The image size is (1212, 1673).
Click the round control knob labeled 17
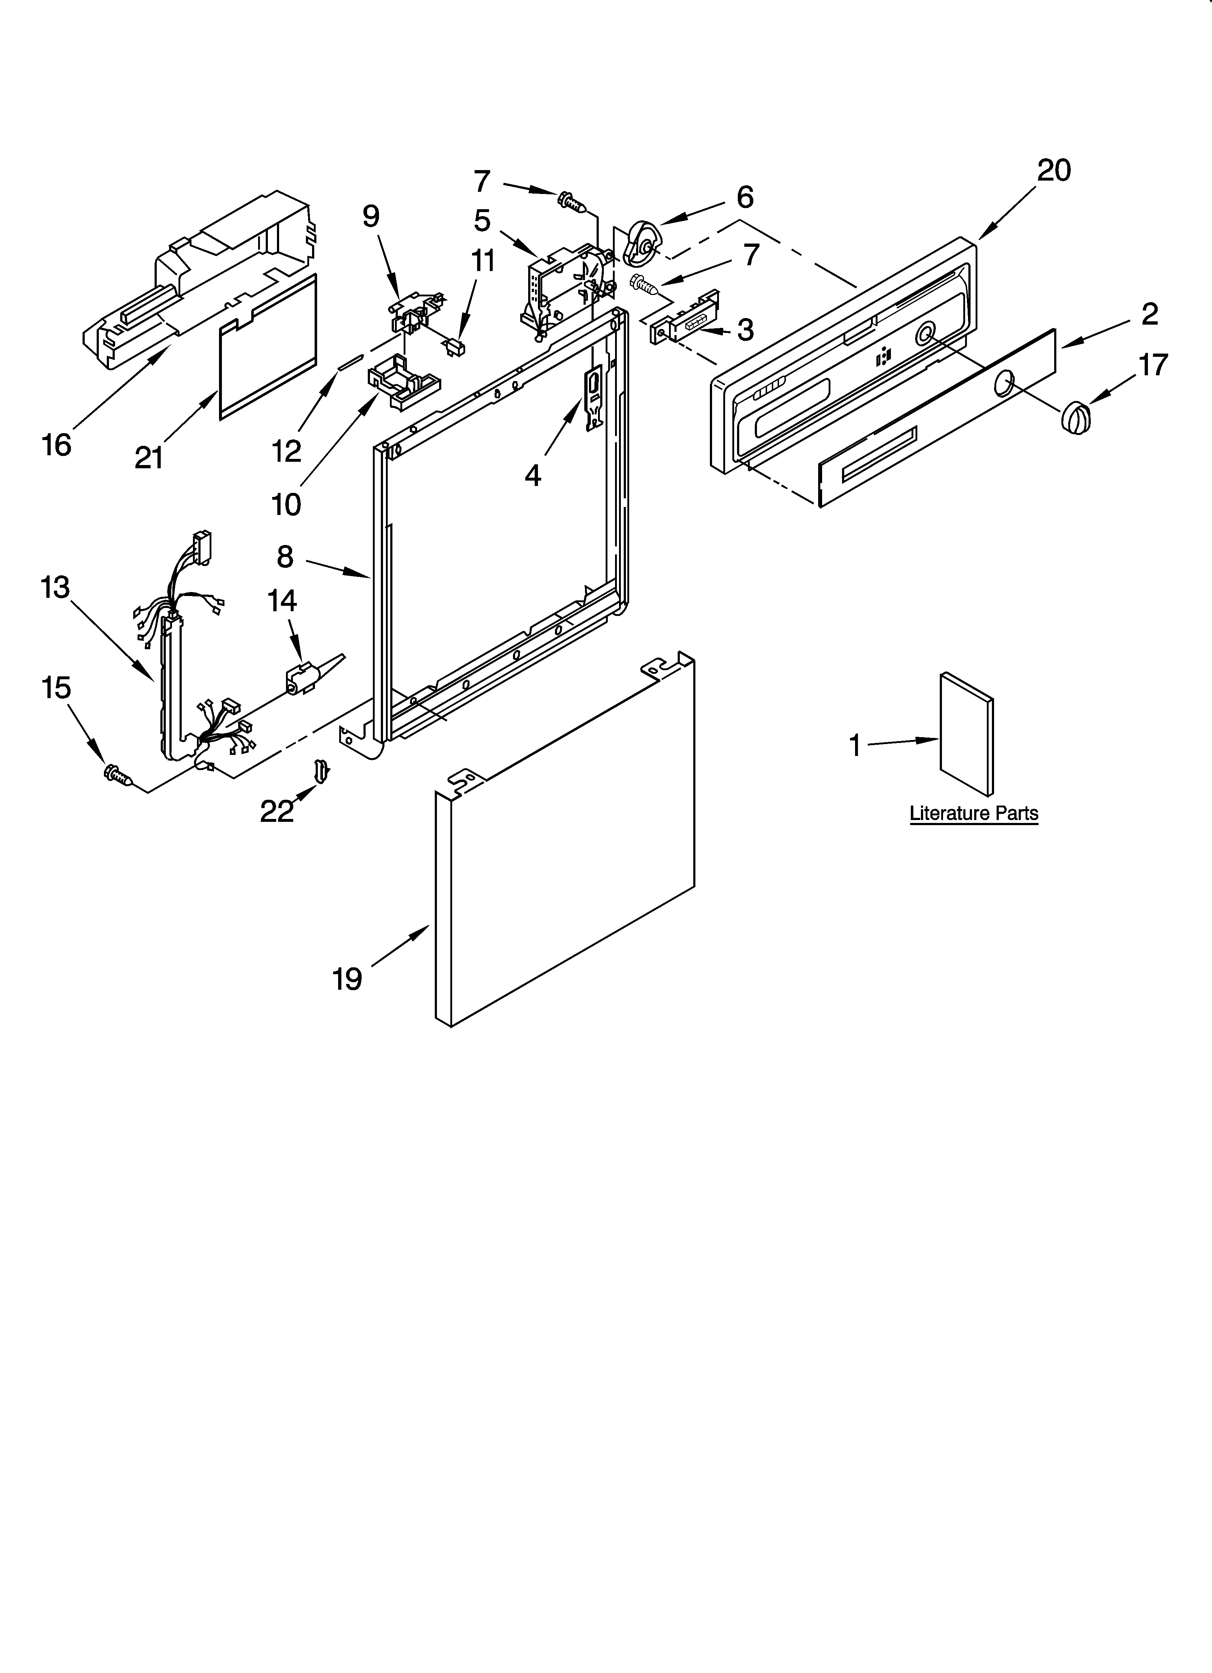(1075, 417)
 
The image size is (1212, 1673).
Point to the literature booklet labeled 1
(965, 734)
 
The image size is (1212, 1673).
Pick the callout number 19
(347, 979)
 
